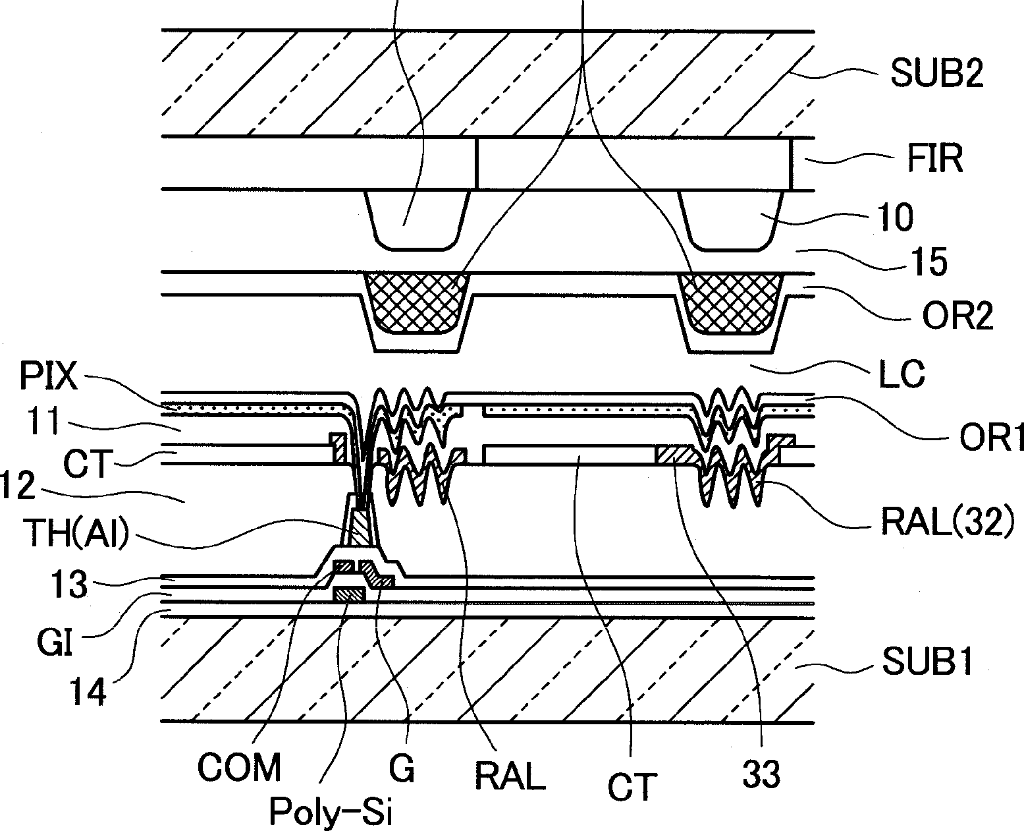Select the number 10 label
coord(895,217)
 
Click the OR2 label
coord(957,316)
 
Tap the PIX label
coord(49,376)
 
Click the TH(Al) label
coord(76,533)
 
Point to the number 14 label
coord(88,693)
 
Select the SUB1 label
coord(927,662)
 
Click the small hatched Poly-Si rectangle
coord(350,594)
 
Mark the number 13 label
coord(70,584)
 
